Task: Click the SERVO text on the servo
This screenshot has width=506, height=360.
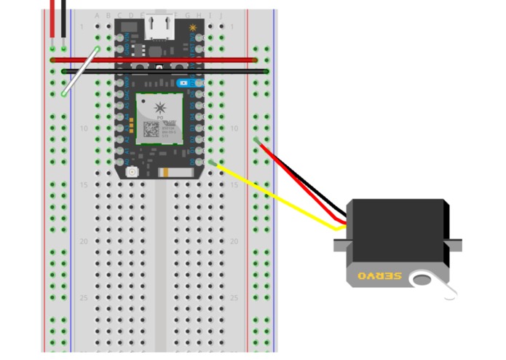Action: pos(378,276)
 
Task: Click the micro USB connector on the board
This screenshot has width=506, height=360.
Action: pos(159,27)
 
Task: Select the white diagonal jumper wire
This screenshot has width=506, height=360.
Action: pos(81,71)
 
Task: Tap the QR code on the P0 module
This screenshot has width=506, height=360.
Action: pos(150,129)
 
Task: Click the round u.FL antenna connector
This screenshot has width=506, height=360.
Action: pos(133,172)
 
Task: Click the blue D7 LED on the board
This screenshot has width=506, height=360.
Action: pos(182,83)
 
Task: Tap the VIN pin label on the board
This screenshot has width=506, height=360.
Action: pos(127,37)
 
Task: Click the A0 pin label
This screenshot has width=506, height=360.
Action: pos(127,150)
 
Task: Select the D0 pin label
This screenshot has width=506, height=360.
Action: pos(192,161)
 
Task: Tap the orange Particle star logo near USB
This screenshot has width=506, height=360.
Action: pos(193,28)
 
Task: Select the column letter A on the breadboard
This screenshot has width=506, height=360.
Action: pos(98,15)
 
